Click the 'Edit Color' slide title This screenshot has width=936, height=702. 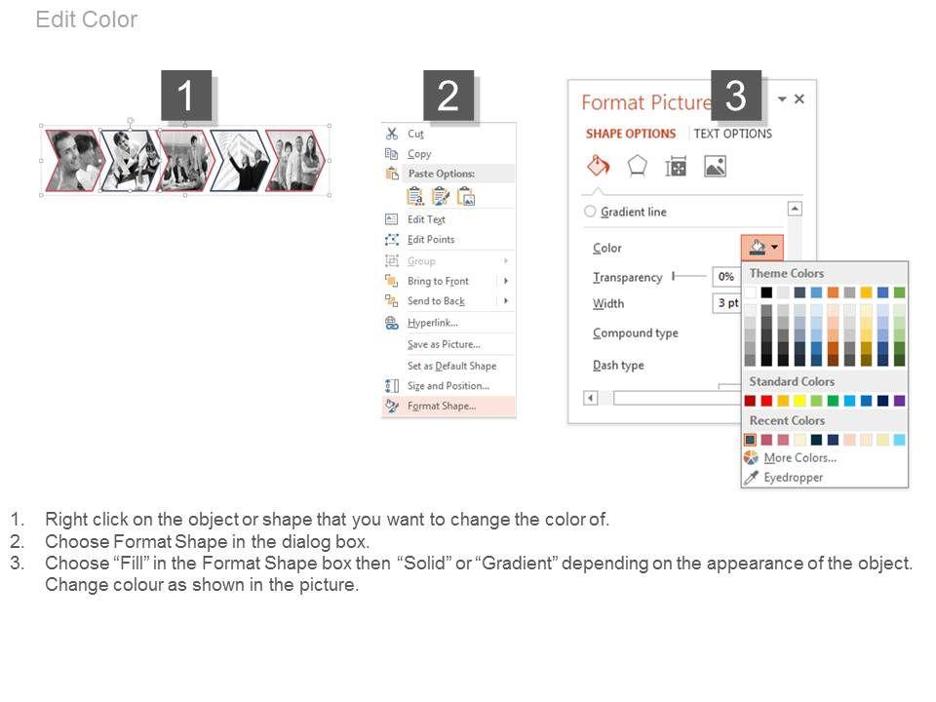87,19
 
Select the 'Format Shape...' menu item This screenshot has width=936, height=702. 442,406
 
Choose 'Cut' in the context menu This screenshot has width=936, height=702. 415,134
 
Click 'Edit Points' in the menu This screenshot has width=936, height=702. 431,240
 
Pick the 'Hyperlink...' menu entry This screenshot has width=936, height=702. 433,323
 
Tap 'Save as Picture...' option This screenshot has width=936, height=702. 445,344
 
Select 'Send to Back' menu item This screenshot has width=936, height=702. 437,301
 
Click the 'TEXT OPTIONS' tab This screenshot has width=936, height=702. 732,134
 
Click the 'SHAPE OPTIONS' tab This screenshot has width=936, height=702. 631,134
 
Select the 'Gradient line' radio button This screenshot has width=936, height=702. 591,212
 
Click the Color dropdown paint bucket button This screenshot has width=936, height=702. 762,247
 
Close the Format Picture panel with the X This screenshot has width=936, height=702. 799,98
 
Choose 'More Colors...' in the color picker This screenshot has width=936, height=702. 799,458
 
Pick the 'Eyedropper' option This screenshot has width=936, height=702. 794,478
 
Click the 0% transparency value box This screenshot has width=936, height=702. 725,276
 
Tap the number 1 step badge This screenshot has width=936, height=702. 186,96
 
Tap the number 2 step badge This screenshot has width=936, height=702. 448,96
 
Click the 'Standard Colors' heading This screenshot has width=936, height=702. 792,381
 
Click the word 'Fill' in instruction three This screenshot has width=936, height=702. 131,563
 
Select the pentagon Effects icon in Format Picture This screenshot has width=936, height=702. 638,166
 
